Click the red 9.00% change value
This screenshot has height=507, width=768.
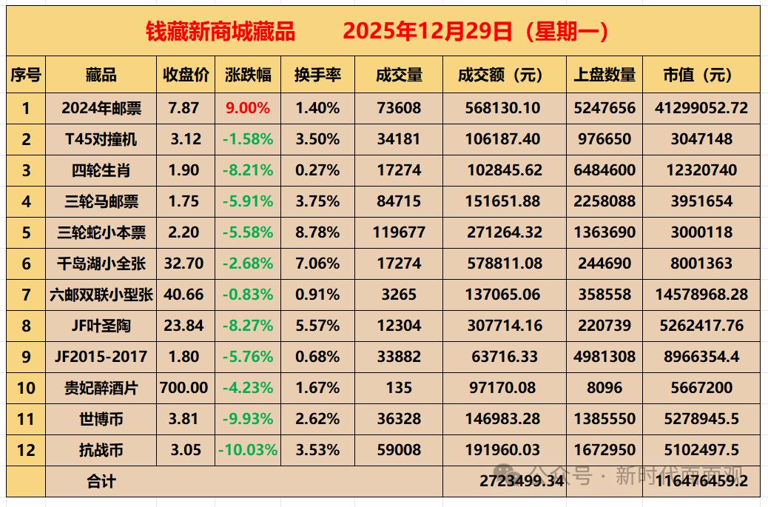[x=248, y=108]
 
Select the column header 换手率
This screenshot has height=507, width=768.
[x=317, y=75]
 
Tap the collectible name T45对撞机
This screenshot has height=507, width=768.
[x=101, y=139]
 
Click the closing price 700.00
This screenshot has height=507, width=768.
[x=183, y=388]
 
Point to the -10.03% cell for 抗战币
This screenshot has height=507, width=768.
[x=248, y=450]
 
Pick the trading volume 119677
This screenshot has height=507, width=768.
[x=399, y=232]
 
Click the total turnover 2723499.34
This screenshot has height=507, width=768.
[x=522, y=480]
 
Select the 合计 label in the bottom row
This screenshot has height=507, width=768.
[x=101, y=481]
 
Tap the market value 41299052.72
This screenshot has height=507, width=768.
[x=701, y=108]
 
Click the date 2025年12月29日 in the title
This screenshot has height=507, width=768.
[x=428, y=31]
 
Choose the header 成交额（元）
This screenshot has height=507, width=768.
[x=499, y=75]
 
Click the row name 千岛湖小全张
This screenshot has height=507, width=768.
[x=101, y=263]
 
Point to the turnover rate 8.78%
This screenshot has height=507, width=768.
[x=317, y=232]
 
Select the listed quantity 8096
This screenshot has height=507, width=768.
[x=604, y=388]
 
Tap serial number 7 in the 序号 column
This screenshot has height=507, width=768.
[x=26, y=295]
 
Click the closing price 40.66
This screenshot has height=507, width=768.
[x=183, y=295]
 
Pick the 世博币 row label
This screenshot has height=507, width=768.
[x=101, y=419]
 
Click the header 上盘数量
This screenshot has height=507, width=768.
[x=604, y=75]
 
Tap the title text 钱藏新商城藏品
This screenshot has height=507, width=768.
[x=220, y=31]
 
